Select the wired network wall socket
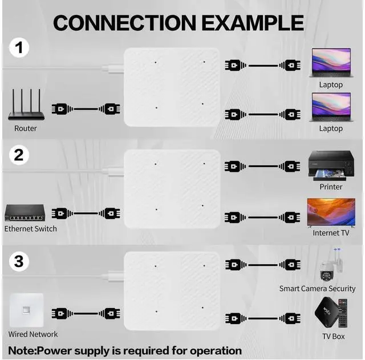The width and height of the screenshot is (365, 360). [x=26, y=310]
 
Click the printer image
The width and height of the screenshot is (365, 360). [x=331, y=165]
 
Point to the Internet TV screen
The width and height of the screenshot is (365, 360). [x=331, y=212]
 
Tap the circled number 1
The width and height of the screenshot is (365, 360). [x=20, y=48]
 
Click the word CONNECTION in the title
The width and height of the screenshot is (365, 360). [x=124, y=23]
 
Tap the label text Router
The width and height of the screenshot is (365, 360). [x=26, y=128]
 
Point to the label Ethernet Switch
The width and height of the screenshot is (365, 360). [x=31, y=229]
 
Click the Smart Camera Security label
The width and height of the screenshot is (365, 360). [x=317, y=289]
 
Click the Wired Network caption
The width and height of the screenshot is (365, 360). [x=33, y=334]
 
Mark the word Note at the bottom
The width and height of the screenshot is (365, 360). [x=22, y=350]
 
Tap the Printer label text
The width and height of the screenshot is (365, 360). [x=331, y=187]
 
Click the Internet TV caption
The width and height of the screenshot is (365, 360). [x=331, y=233]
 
